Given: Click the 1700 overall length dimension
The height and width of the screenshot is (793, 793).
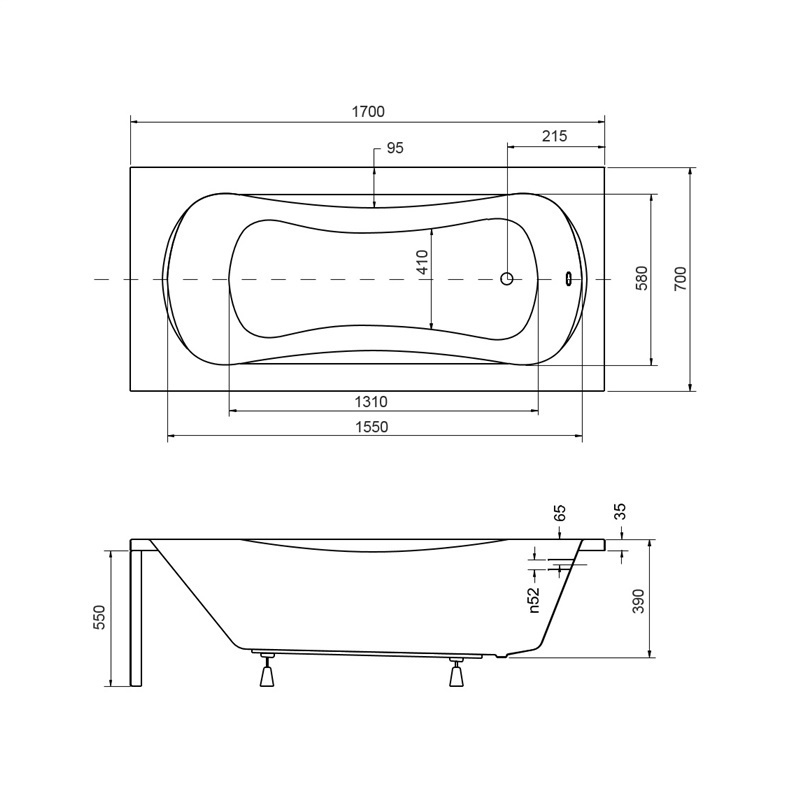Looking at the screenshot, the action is [368, 112].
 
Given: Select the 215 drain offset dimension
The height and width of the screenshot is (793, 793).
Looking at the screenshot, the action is [554, 136].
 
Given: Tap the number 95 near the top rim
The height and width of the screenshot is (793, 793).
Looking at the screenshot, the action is [395, 148].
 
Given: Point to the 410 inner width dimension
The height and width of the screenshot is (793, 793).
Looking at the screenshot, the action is [423, 261].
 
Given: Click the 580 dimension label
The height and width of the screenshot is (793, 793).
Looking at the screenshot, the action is [641, 278].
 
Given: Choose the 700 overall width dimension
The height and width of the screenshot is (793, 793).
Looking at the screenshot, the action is [681, 278].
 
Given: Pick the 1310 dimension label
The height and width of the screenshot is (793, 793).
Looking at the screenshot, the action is [371, 402].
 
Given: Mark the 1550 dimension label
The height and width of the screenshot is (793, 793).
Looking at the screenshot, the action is [372, 427].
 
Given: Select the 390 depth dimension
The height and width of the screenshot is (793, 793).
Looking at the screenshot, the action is [639, 601].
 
